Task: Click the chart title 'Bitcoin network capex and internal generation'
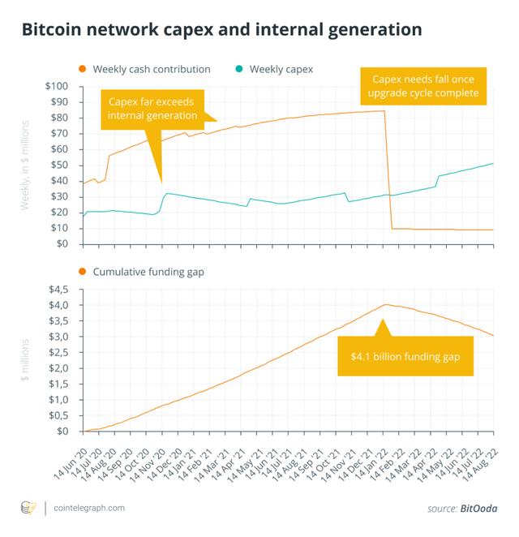(221, 30)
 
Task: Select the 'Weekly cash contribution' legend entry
(152, 69)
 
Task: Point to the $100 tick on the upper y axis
(58, 86)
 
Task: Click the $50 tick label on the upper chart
(60, 165)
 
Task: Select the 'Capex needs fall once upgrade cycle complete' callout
(424, 85)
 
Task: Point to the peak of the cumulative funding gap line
(386, 305)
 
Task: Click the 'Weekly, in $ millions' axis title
(25, 165)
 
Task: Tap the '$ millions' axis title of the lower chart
(25, 360)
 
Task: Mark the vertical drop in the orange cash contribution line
(388, 170)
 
